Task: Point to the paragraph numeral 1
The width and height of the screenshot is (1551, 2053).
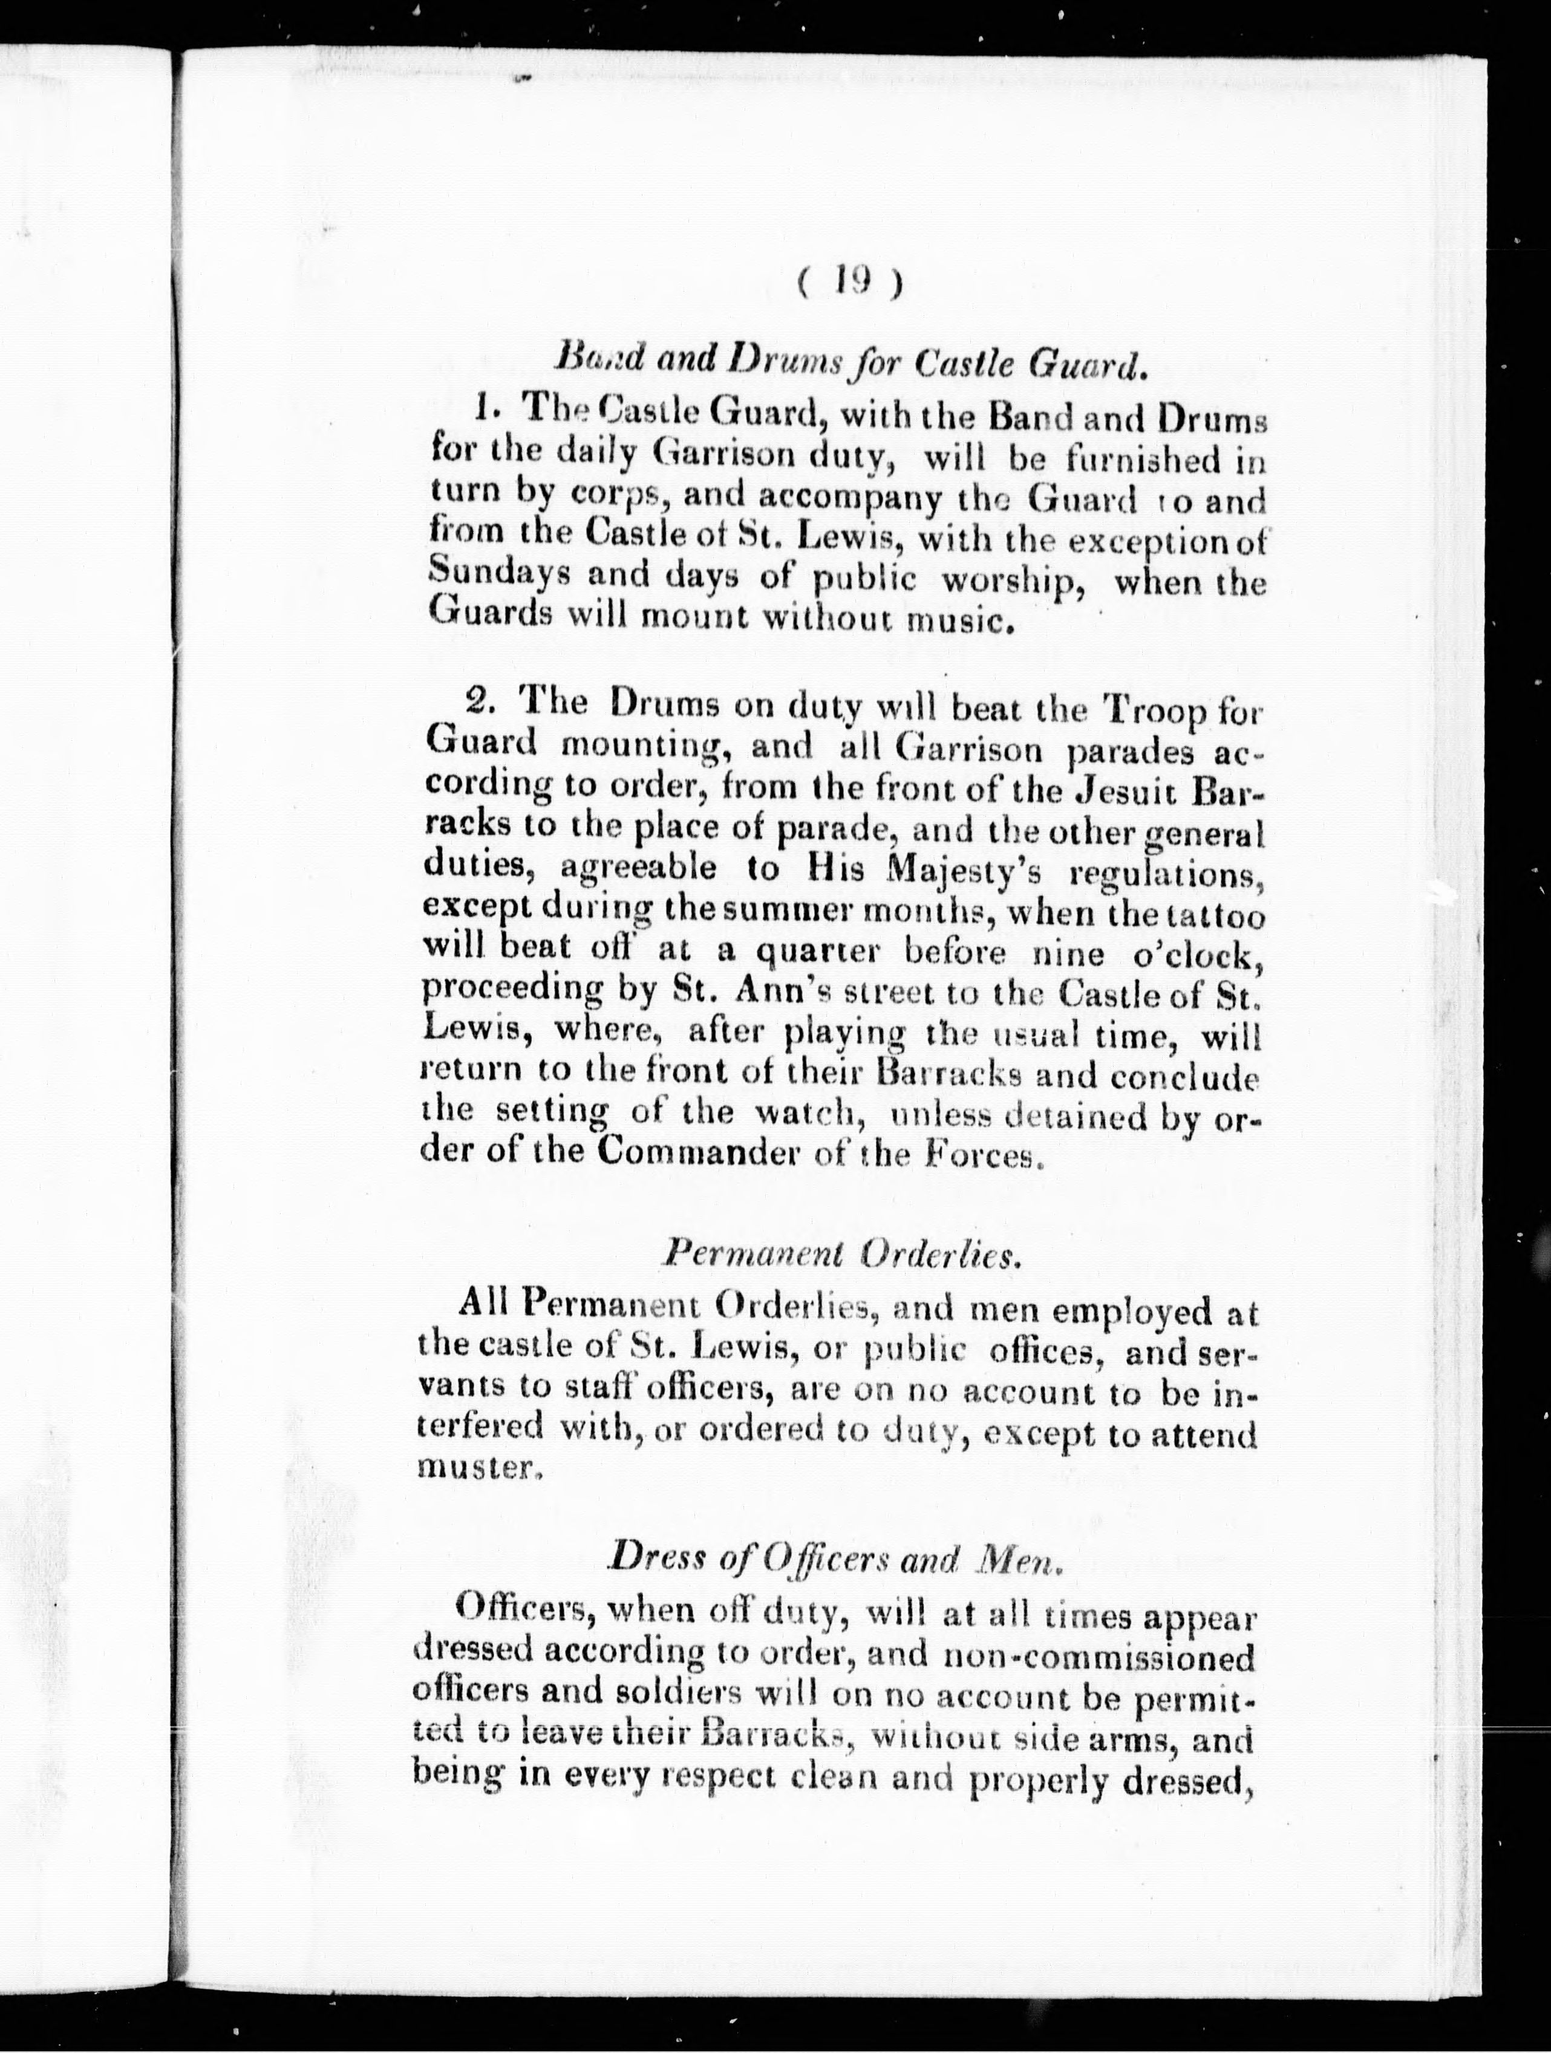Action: click(482, 409)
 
